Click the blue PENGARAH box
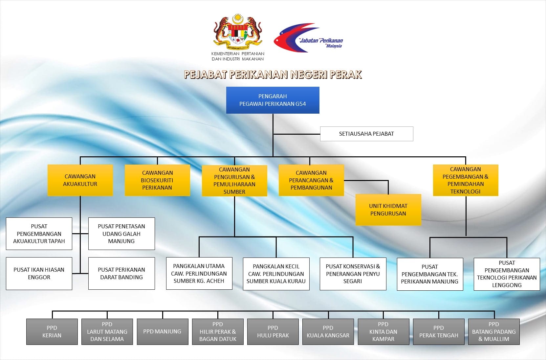coord(273,100)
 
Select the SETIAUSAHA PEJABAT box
coord(367,134)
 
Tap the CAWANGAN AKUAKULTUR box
coord(80,180)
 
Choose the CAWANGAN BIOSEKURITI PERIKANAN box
coord(157,180)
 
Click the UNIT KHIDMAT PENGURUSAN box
coord(388,210)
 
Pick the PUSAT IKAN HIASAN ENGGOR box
coord(39,273)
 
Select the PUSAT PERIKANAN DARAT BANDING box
coord(121,273)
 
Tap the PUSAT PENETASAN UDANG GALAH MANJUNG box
coord(121,234)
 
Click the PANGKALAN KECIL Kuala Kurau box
coord(276,274)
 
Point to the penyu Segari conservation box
coord(353,274)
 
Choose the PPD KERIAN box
coord(52,332)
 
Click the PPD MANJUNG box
coord(163,332)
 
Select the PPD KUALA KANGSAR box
coord(328,332)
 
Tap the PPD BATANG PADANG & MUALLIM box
coord(494,332)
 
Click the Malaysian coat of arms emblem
coord(238,32)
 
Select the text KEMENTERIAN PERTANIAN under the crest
coord(238,54)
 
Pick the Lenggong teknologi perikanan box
coord(507,274)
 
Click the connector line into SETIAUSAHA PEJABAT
coord(297,134)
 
